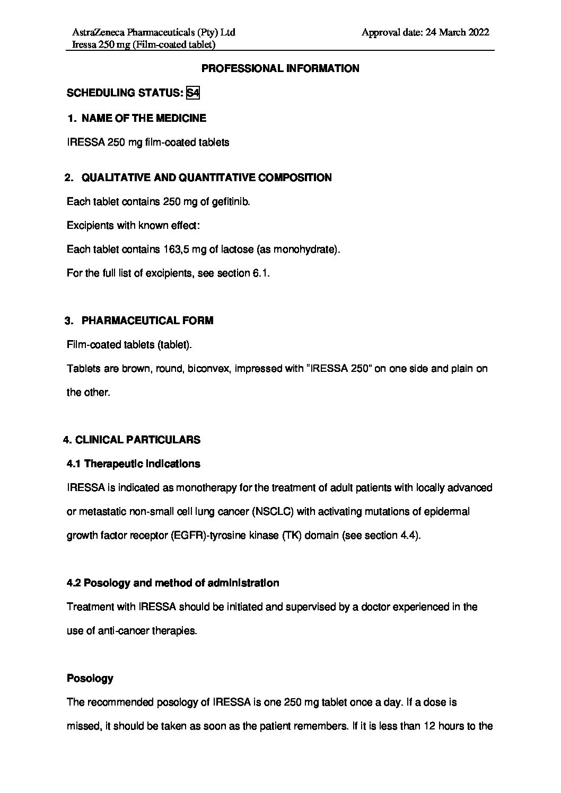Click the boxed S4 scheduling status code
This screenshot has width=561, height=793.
pos(193,93)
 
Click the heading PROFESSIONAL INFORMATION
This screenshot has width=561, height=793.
pos(280,68)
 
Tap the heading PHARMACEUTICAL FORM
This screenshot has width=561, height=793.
pos(147,320)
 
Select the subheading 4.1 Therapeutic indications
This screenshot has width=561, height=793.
pos(134,464)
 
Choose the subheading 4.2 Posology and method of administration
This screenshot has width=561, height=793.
pos(173,583)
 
